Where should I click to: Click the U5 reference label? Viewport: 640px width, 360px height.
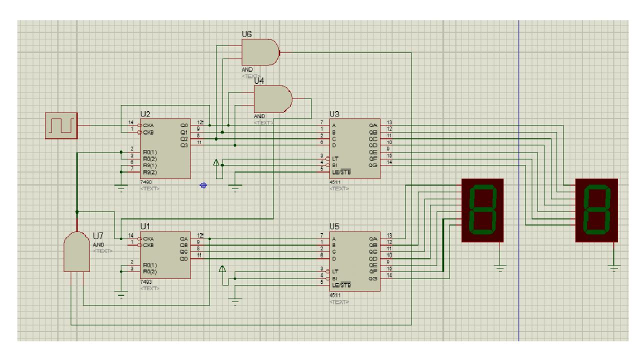pyautogui.click(x=334, y=227)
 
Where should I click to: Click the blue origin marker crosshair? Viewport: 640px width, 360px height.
pyautogui.click(x=203, y=185)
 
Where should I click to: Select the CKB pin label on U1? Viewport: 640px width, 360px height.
pyautogui.click(x=148, y=245)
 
